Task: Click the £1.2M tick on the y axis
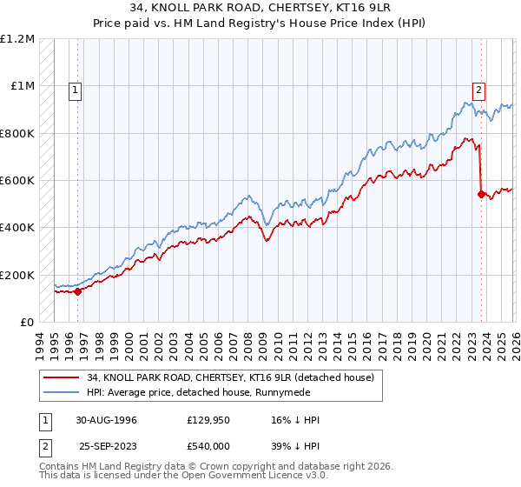17,39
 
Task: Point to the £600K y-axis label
17,181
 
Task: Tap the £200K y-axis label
17,275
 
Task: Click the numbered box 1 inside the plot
76,88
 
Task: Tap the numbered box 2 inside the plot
478,88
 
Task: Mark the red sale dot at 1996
78,291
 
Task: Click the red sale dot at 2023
480,195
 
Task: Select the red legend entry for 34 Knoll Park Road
230,377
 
